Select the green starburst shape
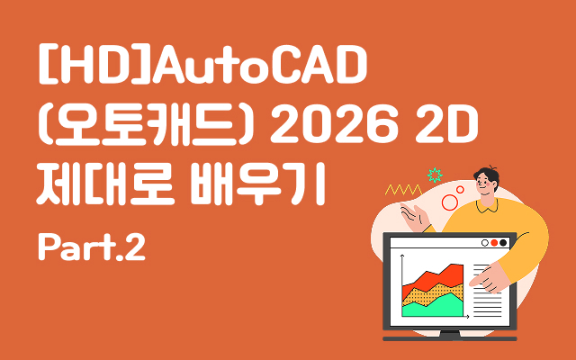436,173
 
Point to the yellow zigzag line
402,190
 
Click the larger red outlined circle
450,202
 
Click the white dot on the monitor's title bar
486,242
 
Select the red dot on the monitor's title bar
494,242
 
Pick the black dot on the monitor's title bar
503,242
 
